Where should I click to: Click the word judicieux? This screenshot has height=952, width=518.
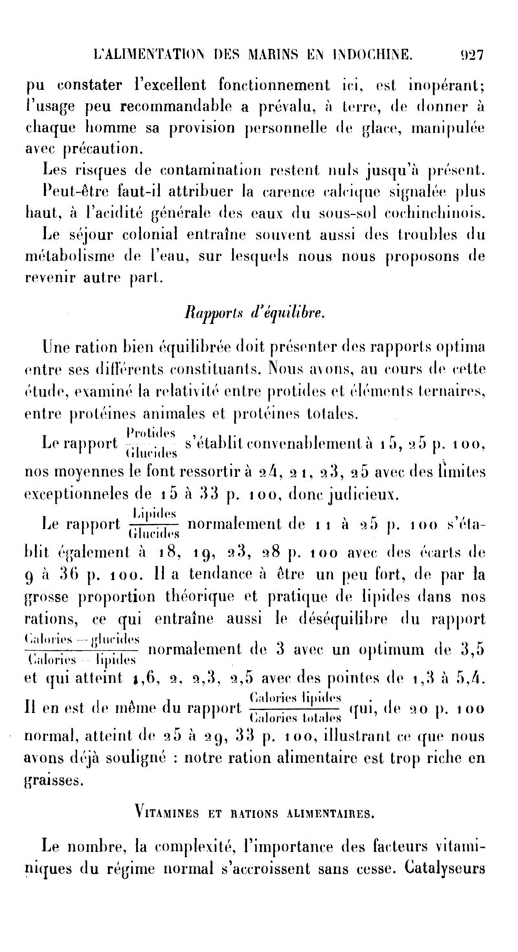coord(383,496)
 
